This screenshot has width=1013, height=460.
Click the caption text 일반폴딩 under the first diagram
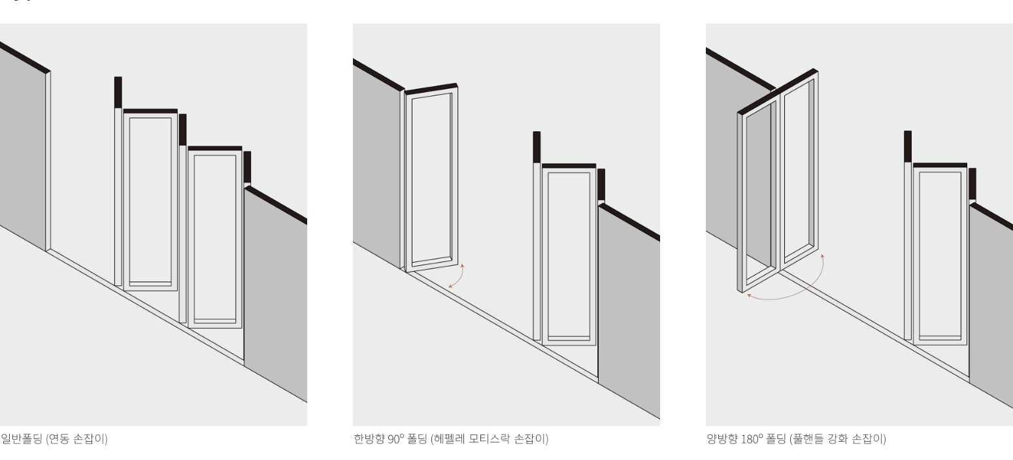[22, 438]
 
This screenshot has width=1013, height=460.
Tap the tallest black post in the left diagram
[118, 92]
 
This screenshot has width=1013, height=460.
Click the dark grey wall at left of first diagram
[23, 147]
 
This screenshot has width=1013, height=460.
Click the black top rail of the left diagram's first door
[150, 111]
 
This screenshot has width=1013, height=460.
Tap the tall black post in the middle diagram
[537, 148]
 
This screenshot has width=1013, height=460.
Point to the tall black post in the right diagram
[908, 146]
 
